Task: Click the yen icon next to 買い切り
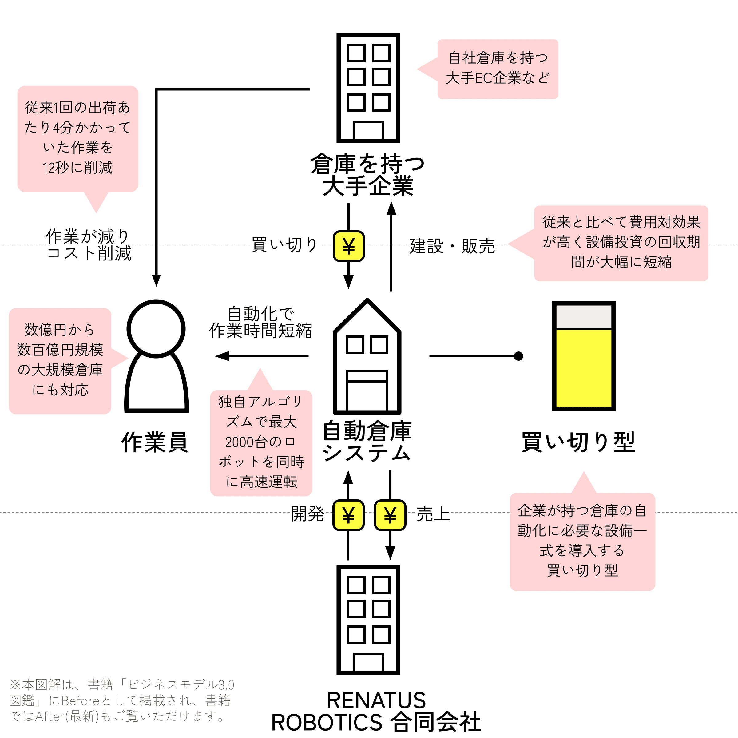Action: [348, 246]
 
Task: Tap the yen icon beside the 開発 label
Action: [348, 515]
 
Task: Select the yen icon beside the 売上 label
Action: [390, 515]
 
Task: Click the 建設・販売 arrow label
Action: [452, 246]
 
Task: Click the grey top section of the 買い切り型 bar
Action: [584, 317]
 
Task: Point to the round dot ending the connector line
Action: [518, 356]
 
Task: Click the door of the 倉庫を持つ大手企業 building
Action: [368, 130]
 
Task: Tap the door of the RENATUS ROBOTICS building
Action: [368, 663]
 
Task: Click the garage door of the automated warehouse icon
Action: [367, 391]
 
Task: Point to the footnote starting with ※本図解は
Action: [121, 700]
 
